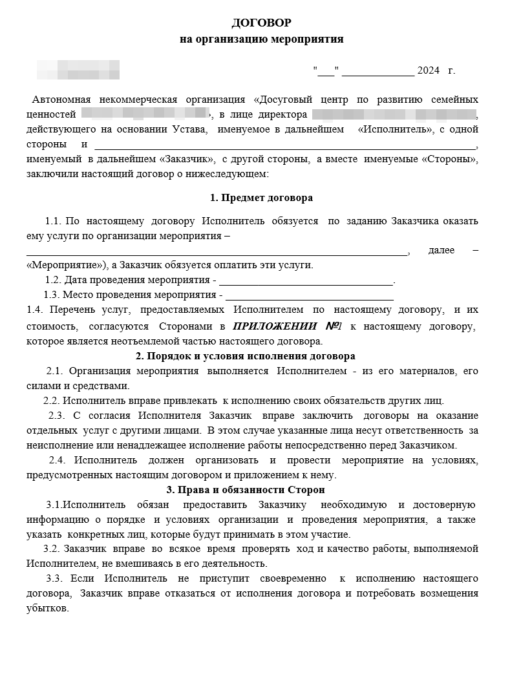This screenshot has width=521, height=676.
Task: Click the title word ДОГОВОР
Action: pyautogui.click(x=261, y=23)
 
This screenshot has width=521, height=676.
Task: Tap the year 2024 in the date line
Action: pyautogui.click(x=428, y=70)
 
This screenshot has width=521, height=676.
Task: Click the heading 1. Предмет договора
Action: pyautogui.click(x=261, y=198)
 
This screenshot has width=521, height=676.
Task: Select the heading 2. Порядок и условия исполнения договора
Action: pyautogui.click(x=246, y=356)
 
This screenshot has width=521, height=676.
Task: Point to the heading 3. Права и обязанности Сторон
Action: pyautogui.click(x=245, y=491)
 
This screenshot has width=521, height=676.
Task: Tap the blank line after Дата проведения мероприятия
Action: pyautogui.click(x=306, y=281)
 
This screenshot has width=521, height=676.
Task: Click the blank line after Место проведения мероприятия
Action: pyautogui.click(x=308, y=296)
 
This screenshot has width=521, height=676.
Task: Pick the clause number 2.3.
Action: pyautogui.click(x=57, y=415)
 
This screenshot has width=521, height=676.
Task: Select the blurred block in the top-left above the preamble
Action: pyautogui.click(x=78, y=69)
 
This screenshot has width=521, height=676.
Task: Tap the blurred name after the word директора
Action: pyautogui.click(x=394, y=114)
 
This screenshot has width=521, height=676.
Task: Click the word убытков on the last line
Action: pyautogui.click(x=47, y=607)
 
